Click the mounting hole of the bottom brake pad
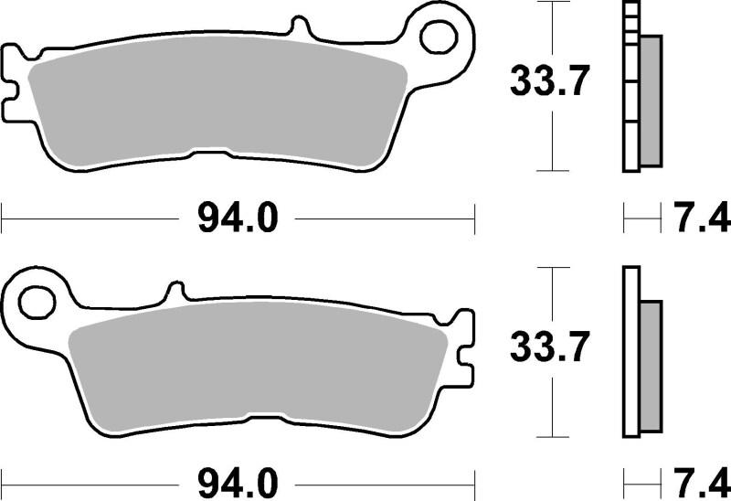[37, 301]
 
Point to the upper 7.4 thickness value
[699, 219]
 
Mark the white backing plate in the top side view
[630, 91]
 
